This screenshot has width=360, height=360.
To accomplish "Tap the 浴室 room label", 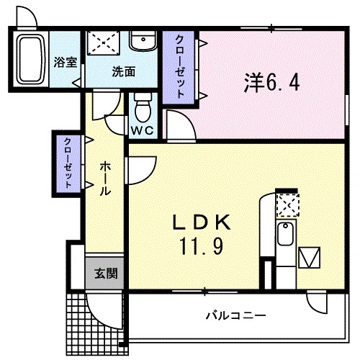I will click(65, 62).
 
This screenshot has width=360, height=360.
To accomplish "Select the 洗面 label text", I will click(123, 71).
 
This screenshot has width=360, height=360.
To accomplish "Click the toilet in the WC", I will click(143, 110).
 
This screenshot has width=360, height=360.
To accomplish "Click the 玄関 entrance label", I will click(105, 274).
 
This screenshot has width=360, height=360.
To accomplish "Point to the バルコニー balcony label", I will click(235, 315).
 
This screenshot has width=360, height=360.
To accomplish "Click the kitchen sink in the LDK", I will click(285, 235).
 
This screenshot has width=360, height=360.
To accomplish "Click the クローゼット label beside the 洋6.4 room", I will click(181, 66).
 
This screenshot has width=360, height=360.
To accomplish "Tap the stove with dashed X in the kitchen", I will click(287, 206).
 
